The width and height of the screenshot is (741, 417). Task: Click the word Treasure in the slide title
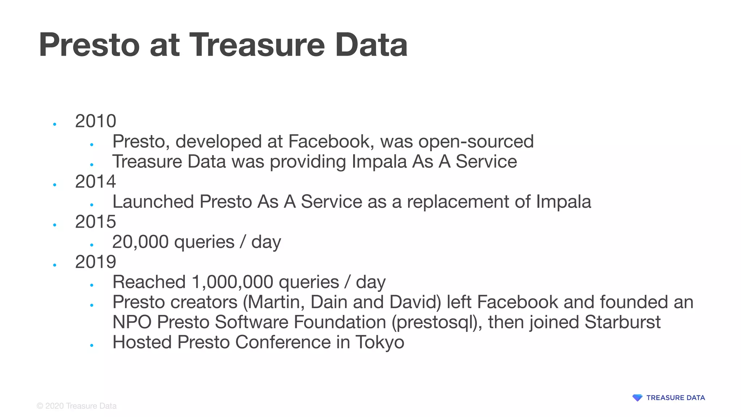pyautogui.click(x=257, y=45)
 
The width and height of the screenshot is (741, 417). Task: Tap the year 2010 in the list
pyautogui.click(x=96, y=121)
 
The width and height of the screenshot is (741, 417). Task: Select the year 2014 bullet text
pyautogui.click(x=96, y=181)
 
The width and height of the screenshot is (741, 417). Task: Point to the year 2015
pyautogui.click(x=96, y=222)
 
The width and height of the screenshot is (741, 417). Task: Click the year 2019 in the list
pyautogui.click(x=96, y=262)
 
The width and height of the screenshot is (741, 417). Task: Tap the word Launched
pyautogui.click(x=153, y=202)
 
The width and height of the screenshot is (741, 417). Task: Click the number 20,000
pyautogui.click(x=140, y=242)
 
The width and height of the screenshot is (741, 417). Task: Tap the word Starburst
pyautogui.click(x=622, y=322)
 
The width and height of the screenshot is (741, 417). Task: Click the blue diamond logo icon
pyautogui.click(x=637, y=398)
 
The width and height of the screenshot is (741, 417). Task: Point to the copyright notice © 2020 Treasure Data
pyautogui.click(x=77, y=406)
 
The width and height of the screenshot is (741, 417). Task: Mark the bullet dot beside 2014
pyautogui.click(x=55, y=185)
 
